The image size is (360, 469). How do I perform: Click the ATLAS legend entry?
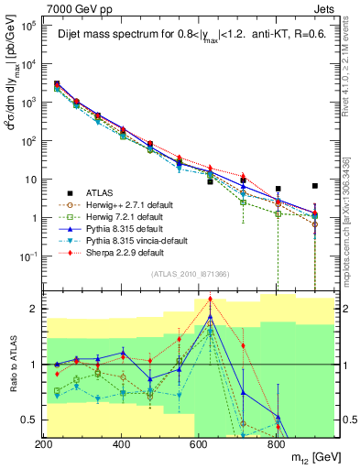pyautogui.click(x=101, y=192)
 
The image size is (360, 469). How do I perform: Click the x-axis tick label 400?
pyautogui.click(x=121, y=444)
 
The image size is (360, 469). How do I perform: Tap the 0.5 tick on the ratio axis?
pyautogui.click(x=32, y=420)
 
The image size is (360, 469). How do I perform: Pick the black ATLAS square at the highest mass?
pyautogui.click(x=315, y=186)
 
